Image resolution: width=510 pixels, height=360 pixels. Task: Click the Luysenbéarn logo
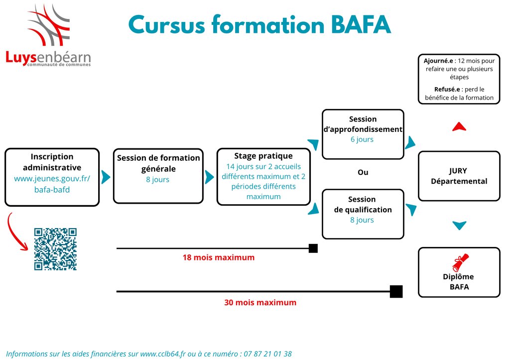coord(48,37)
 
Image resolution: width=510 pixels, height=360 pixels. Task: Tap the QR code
coord(55,249)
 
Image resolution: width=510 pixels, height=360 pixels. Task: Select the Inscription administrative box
coord(52,177)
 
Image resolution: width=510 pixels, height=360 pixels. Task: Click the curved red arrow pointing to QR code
coord(18,234)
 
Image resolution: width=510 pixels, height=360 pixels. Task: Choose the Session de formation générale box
coord(158,176)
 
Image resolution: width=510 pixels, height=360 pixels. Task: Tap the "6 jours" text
coord(362,139)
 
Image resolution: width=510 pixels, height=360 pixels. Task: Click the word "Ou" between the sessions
coord(363,172)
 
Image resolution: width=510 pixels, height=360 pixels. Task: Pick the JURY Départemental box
coord(459,176)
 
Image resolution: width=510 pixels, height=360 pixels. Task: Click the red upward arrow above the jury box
coord(459,127)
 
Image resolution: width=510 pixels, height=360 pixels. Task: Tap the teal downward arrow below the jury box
coord(459,226)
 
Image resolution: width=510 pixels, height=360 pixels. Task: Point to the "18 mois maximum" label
coord(219,258)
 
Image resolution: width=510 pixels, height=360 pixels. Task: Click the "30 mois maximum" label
coord(260,302)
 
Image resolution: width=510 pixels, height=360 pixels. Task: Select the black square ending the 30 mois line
coord(396,291)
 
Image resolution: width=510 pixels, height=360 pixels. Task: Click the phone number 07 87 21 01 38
coord(267,354)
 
